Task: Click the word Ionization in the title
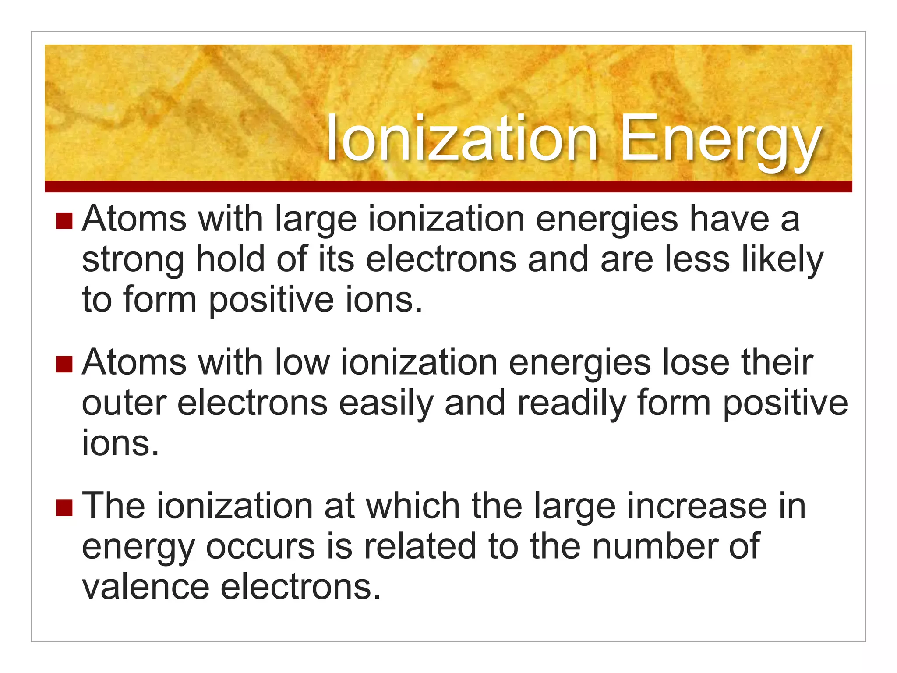[x=462, y=139]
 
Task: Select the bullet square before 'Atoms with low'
[x=64, y=364]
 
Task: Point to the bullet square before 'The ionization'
[x=64, y=508]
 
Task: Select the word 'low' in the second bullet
[x=302, y=363]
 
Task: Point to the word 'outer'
[x=124, y=403]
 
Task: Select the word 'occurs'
[x=260, y=547]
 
